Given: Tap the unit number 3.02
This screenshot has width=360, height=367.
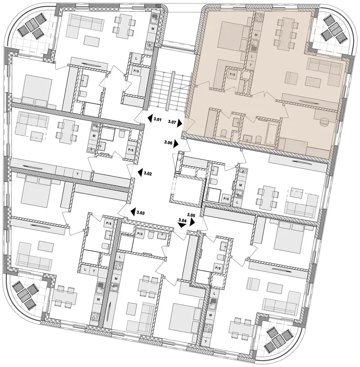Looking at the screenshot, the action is click(148, 174).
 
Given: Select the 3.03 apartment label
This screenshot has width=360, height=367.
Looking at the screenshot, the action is click(141, 213).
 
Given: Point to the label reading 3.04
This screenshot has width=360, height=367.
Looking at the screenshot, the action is click(182, 220).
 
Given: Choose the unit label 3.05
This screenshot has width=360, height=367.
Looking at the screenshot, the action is click(191, 214).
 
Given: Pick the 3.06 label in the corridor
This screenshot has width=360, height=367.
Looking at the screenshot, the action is click(168, 142).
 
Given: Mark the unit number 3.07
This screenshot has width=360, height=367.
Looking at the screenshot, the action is click(172, 122).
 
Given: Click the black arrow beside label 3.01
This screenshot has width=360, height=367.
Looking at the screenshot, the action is click(150, 118).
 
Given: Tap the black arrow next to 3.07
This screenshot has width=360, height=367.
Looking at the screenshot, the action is click(180, 123).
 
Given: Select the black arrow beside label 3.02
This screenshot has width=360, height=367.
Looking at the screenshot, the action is click(140, 172).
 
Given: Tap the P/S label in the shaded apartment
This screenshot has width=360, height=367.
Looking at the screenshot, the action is click(232, 74).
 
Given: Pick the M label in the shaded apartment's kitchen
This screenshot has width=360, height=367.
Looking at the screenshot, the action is click(256, 35).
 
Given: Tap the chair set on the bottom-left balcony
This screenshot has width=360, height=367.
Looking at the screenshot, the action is click(25, 295).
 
